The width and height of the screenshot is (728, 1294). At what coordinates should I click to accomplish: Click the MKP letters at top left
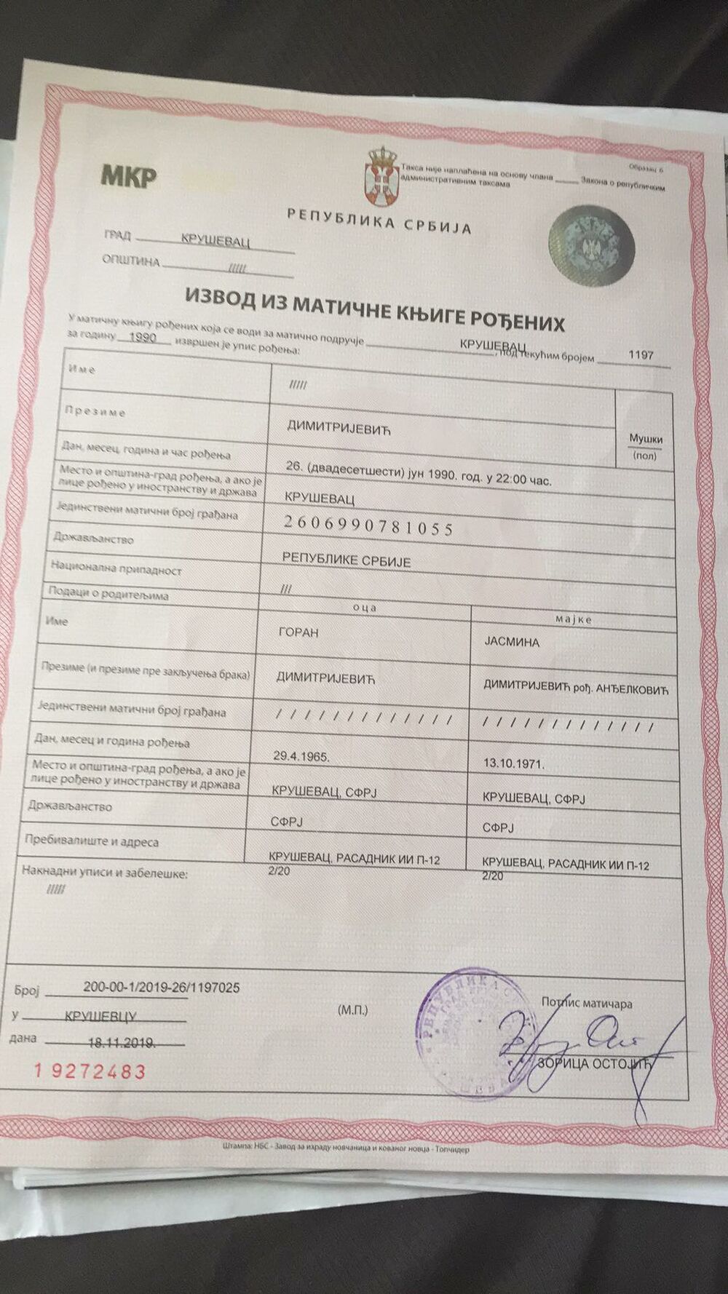[128, 175]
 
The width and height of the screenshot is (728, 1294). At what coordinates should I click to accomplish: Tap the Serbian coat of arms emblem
[381, 175]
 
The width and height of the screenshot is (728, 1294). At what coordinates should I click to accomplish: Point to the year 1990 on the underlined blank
[143, 338]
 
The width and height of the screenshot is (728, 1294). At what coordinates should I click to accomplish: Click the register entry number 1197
[641, 355]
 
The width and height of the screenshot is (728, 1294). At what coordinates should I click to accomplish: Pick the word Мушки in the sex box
[645, 439]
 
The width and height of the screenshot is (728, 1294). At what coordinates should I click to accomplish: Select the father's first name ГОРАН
[298, 632]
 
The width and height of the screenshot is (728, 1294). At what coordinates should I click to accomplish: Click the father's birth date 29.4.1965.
[301, 756]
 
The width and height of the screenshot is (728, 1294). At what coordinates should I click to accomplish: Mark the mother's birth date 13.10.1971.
[514, 764]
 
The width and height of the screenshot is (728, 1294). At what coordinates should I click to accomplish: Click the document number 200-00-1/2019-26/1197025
[161, 988]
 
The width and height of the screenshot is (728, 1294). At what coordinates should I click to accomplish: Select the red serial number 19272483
[90, 1071]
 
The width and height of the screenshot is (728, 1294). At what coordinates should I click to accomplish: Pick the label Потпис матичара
[587, 1003]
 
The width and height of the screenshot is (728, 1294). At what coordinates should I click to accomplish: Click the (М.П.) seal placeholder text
[353, 1010]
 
